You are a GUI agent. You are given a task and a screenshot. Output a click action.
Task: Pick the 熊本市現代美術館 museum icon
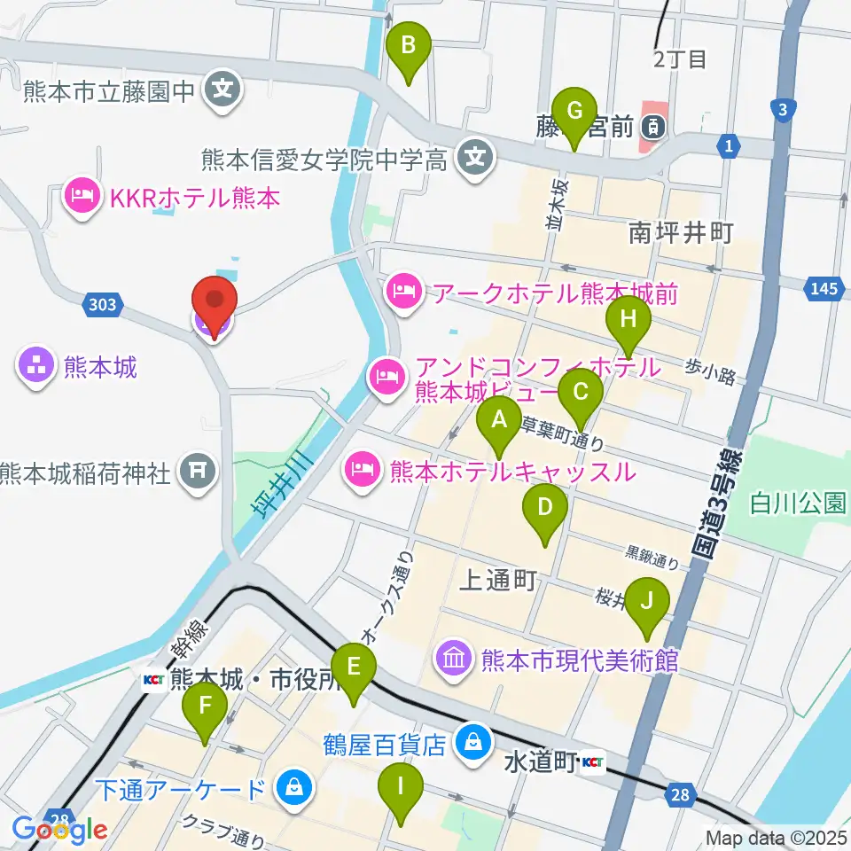pos(454,660)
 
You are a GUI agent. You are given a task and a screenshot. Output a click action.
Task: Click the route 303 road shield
pos(102,305)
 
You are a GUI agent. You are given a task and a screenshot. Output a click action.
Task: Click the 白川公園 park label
pos(797,504)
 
